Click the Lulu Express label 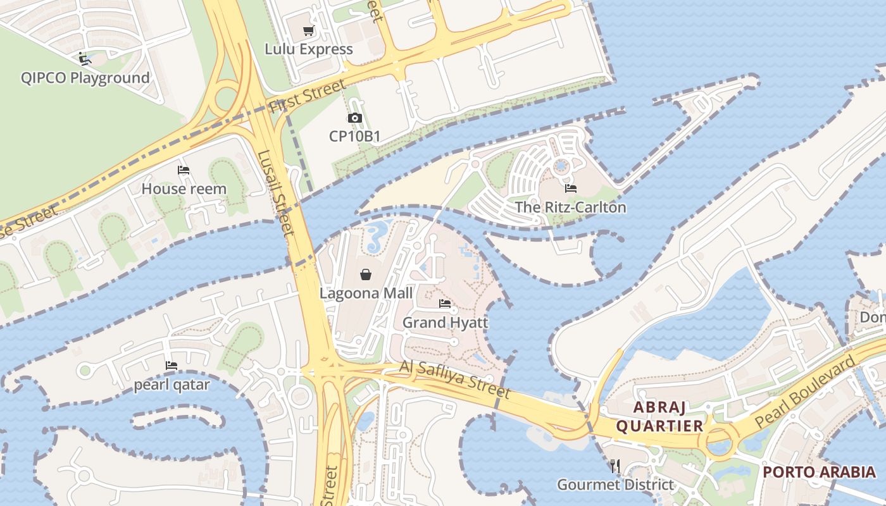pos(309,49)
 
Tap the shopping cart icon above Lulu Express pos(309,31)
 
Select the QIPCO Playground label pos(85,78)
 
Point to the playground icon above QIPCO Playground pos(85,59)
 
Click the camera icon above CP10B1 pos(354,118)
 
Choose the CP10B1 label pos(354,135)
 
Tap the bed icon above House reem pos(184,170)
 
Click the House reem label pos(184,188)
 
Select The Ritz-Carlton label pos(570,207)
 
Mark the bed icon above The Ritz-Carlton pos(571,188)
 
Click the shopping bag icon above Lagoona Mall pos(366,275)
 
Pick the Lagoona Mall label pos(366,293)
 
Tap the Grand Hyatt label pos(446,323)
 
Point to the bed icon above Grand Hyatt pos(445,304)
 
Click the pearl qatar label pos(172,385)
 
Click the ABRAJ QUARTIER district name pos(659,416)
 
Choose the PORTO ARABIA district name pos(819,472)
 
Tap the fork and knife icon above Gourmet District pos(615,467)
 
